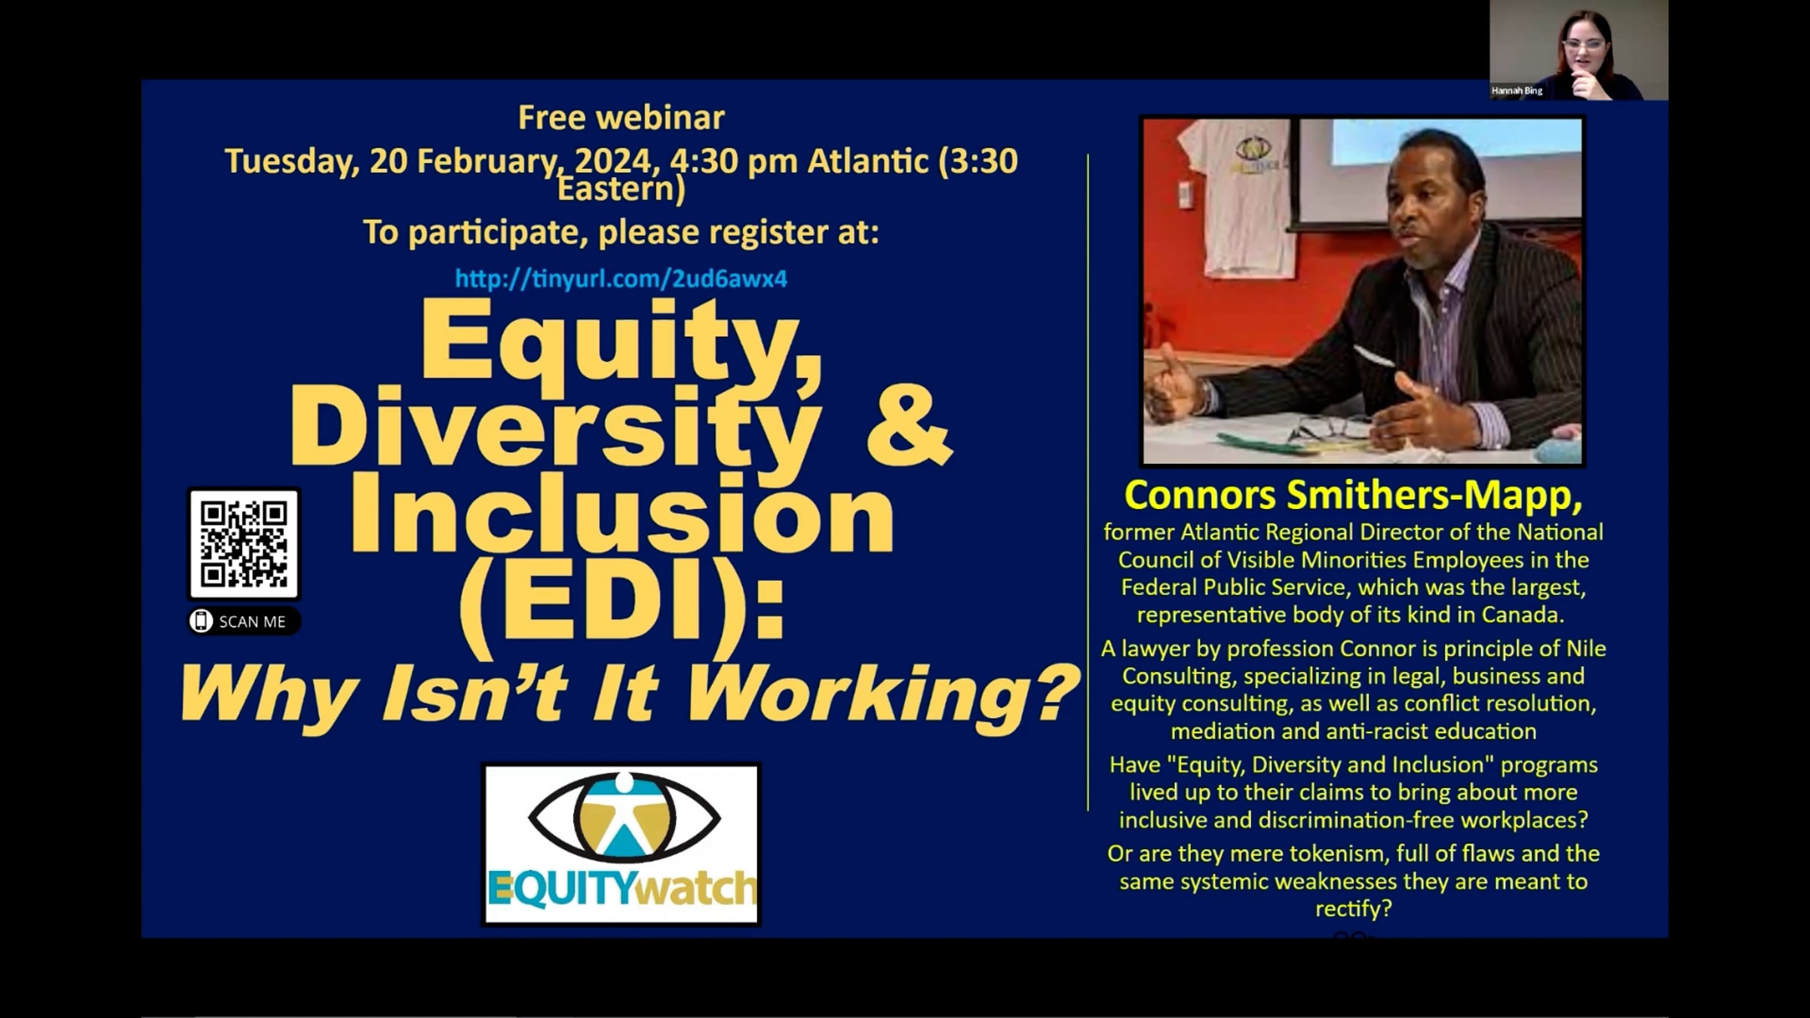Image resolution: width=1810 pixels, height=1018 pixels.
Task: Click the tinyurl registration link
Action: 621,278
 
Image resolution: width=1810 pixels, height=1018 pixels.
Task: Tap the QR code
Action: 244,544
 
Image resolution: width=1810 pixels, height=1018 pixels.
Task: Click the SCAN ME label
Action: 244,621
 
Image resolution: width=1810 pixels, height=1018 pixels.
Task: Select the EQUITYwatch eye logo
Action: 621,844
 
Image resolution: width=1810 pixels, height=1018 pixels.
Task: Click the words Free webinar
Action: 621,118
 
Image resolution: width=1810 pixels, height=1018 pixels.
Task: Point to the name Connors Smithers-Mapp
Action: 1353,495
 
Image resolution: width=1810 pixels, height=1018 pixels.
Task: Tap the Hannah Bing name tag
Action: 1517,90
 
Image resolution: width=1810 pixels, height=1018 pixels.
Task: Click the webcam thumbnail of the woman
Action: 1578,50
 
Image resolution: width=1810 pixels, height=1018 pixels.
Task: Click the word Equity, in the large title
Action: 621,343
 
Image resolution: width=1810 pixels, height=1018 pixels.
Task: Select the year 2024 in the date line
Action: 613,161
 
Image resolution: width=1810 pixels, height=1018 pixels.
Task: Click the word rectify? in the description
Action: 1353,909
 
